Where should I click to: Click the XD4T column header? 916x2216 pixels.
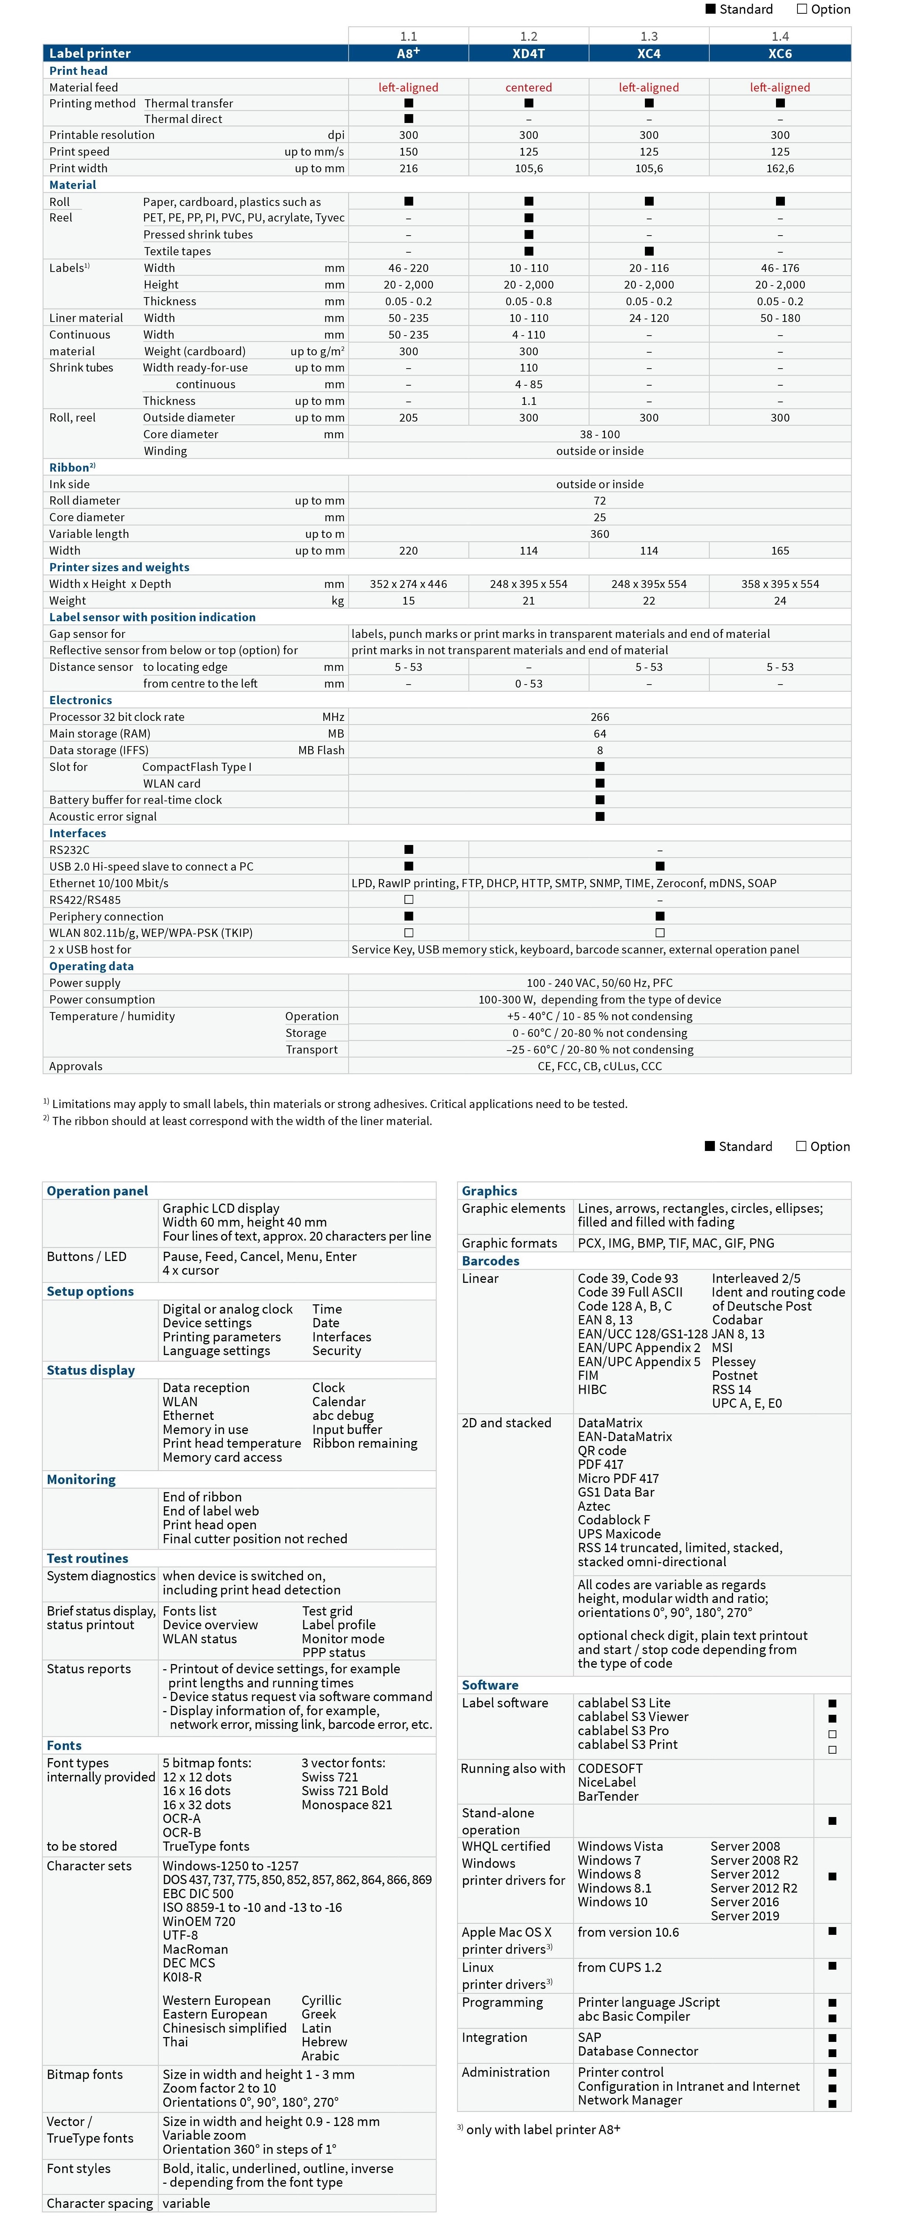pos(528,53)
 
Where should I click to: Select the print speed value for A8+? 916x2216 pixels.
pos(409,152)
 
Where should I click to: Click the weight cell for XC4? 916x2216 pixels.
pos(649,600)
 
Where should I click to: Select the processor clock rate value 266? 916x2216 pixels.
pos(599,716)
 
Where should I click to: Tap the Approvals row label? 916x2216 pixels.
pos(76,1066)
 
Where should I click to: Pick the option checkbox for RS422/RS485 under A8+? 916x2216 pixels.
pos(409,900)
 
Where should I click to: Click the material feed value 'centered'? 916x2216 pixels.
pos(528,87)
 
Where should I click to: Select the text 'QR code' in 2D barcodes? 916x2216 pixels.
pos(602,1450)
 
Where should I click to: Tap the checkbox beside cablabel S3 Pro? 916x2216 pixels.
pos(832,1734)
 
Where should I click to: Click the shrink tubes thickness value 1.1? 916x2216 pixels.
pos(528,401)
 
